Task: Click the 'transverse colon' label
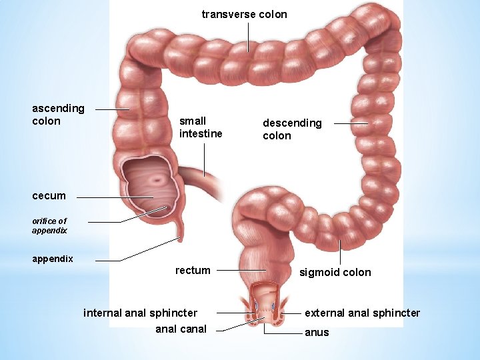pyautogui.click(x=244, y=14)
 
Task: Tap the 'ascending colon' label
pyautogui.click(x=58, y=115)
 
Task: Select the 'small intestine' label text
pyautogui.click(x=201, y=127)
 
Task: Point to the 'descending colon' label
pyautogui.click(x=292, y=129)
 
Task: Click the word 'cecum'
pyautogui.click(x=49, y=196)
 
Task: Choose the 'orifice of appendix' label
pyautogui.click(x=49, y=225)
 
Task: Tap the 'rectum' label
pyautogui.click(x=193, y=270)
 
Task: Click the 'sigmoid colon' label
pyautogui.click(x=335, y=272)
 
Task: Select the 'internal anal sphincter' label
pyautogui.click(x=140, y=313)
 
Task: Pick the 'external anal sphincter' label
pyautogui.click(x=362, y=313)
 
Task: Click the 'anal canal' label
pyautogui.click(x=181, y=329)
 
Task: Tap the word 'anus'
pyautogui.click(x=317, y=332)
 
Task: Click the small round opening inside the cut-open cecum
pyautogui.click(x=158, y=179)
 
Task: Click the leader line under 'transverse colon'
pyautogui.click(x=248, y=37)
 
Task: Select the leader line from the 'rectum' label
pyautogui.click(x=241, y=270)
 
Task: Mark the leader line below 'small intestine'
pyautogui.click(x=204, y=159)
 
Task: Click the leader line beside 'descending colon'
pyautogui.click(x=351, y=123)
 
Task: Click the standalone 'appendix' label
pyautogui.click(x=53, y=259)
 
